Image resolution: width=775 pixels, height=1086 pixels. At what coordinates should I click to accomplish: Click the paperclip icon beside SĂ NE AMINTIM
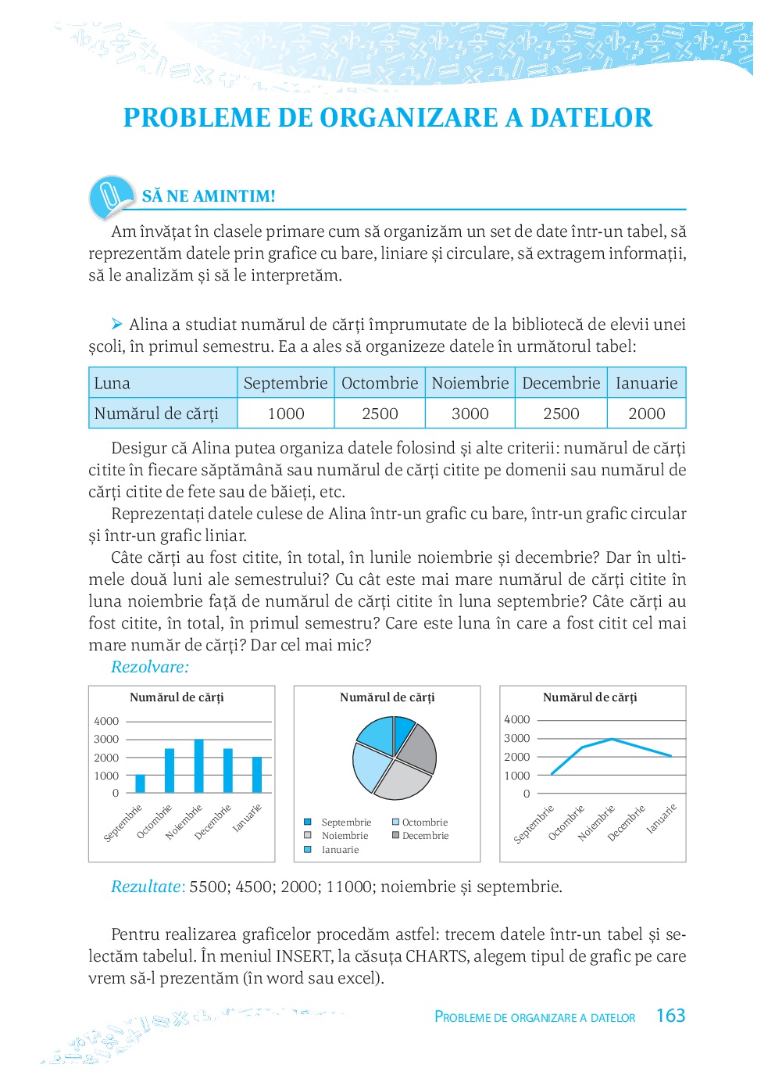click(111, 196)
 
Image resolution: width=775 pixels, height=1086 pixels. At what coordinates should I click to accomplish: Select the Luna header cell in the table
click(112, 383)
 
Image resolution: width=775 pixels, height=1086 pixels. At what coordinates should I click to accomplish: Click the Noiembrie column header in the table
click(470, 383)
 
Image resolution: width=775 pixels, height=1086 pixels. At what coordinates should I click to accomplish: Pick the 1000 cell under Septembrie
click(286, 414)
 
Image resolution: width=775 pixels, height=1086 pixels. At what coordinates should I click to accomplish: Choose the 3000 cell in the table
click(470, 414)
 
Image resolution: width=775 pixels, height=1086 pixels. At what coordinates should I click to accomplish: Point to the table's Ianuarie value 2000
click(646, 414)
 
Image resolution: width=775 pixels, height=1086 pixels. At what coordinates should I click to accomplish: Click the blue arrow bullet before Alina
click(116, 324)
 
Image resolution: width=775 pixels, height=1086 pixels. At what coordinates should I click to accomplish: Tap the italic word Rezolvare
click(149, 667)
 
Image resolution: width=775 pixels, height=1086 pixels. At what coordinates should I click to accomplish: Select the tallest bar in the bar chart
click(198, 766)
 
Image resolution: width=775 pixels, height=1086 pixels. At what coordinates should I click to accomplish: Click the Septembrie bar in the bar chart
click(141, 783)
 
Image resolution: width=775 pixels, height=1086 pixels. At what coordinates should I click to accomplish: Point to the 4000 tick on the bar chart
click(106, 721)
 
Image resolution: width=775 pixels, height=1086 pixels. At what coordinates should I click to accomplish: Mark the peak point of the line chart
click(612, 739)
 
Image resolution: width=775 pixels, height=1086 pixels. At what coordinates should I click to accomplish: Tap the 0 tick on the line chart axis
click(527, 794)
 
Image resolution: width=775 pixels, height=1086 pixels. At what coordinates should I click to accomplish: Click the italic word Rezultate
click(146, 887)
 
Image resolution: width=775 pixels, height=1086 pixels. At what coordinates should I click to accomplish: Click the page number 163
click(670, 1016)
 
